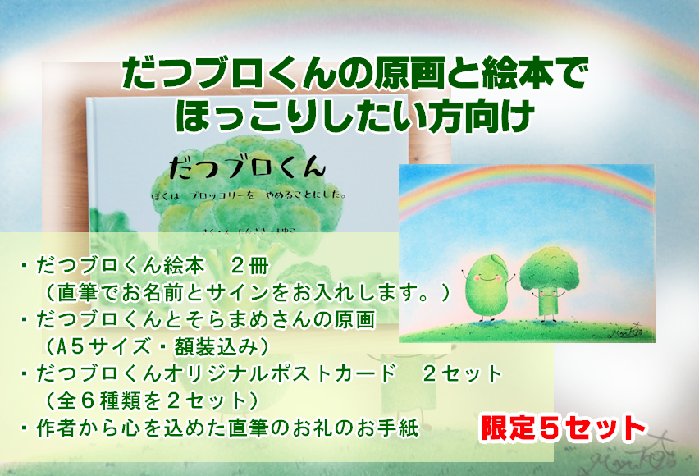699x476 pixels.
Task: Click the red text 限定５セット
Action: tap(562, 427)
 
